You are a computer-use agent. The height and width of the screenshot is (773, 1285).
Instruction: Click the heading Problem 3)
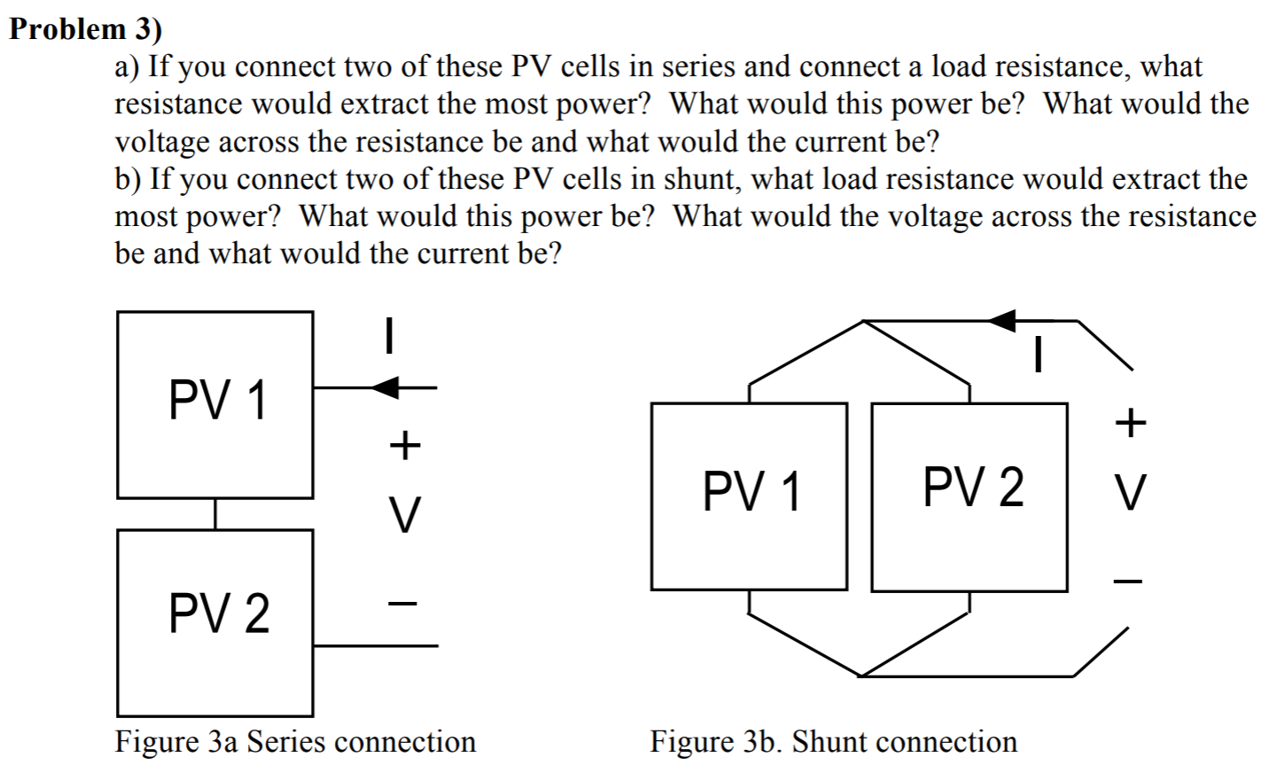click(86, 28)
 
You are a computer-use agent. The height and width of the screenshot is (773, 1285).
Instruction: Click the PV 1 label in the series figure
click(217, 401)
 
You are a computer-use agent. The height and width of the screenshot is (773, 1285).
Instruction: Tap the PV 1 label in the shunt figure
click(752, 492)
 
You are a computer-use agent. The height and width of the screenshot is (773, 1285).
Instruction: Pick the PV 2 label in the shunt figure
click(973, 488)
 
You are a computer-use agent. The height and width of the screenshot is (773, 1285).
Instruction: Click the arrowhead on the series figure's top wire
click(388, 386)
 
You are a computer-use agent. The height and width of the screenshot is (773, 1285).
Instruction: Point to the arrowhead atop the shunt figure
click(1003, 320)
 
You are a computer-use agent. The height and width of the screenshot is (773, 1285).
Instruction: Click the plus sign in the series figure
click(404, 445)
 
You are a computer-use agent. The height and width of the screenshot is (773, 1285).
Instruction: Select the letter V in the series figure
click(404, 515)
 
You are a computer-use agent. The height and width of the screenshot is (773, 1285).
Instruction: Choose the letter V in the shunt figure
click(1130, 493)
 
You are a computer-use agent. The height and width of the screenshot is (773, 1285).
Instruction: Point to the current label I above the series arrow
click(387, 337)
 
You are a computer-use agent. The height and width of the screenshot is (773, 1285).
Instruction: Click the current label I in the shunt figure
click(1038, 356)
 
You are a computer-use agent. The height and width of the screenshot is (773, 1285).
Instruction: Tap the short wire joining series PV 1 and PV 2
click(215, 514)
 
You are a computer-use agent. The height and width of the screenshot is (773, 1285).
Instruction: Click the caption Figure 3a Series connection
click(295, 741)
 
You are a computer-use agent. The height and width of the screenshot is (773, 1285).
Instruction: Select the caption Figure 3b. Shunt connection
click(834, 741)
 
